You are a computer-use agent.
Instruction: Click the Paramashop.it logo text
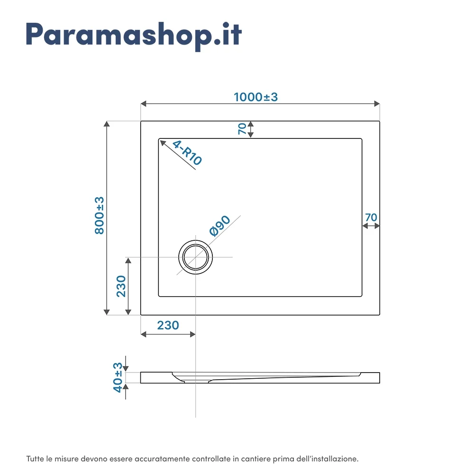pyautogui.click(x=134, y=35)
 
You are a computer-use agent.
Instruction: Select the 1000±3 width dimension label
pyautogui.click(x=256, y=97)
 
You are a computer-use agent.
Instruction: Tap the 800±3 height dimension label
pyautogui.click(x=99, y=215)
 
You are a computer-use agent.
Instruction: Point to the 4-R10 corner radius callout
pyautogui.click(x=187, y=153)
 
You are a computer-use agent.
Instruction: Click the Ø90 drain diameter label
pyautogui.click(x=220, y=226)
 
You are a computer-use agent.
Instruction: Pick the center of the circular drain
pyautogui.click(x=196, y=257)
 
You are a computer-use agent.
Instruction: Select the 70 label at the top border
pyautogui.click(x=242, y=129)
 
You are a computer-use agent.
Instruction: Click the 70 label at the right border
pyautogui.click(x=371, y=218)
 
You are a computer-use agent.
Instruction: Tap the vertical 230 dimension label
pyautogui.click(x=121, y=286)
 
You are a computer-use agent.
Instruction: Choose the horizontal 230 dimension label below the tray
pyautogui.click(x=168, y=325)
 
